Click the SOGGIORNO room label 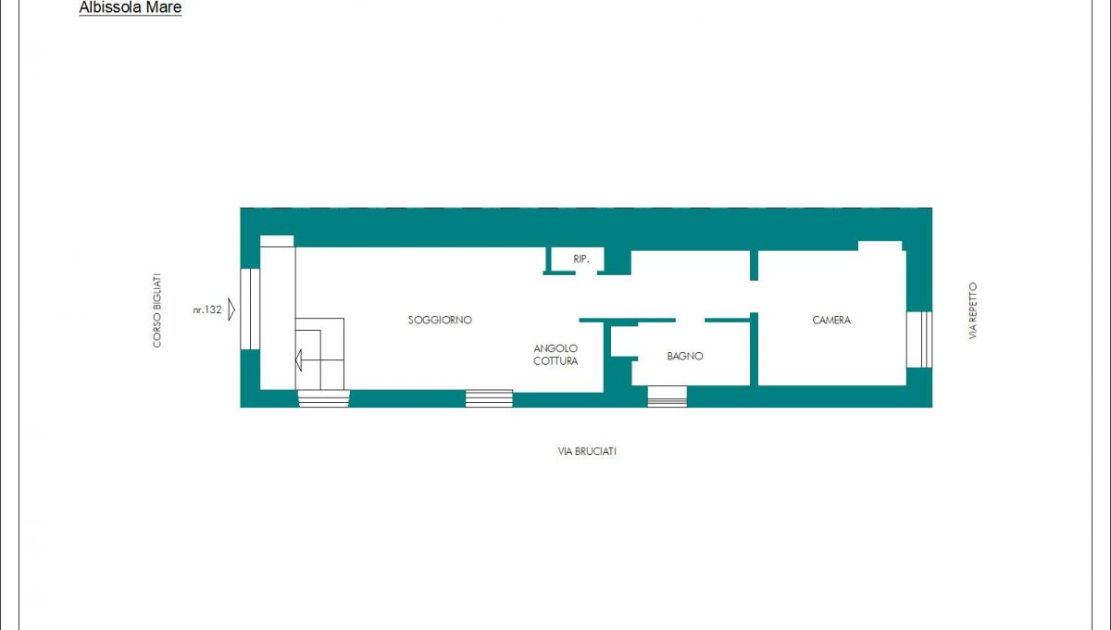440,321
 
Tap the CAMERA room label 831,321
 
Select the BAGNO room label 685,356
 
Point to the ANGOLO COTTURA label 555,355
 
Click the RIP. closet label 580,258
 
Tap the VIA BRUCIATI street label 587,451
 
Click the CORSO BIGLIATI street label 156,310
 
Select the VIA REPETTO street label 973,310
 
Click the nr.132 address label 207,309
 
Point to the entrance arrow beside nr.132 231,309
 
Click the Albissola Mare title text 131,7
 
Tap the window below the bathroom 668,397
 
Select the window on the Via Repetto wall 919,340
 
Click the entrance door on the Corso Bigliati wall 250,309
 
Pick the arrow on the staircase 298,359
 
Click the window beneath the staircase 324,398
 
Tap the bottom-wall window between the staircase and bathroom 489,398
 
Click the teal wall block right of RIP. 618,261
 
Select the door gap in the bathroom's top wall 690,321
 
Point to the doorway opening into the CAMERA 754,296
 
